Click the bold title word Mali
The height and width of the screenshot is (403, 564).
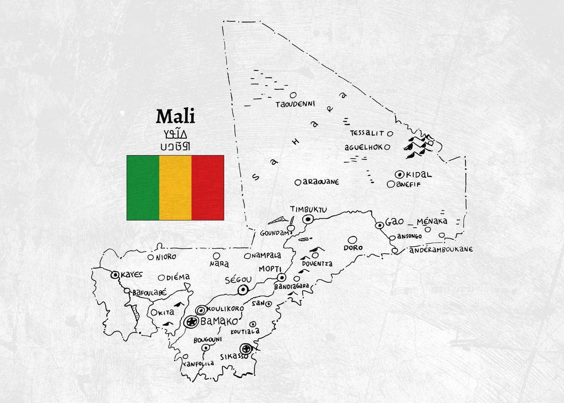coord(175,116)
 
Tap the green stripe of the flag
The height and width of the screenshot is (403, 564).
coord(143,188)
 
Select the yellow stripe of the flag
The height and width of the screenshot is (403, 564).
coord(175,188)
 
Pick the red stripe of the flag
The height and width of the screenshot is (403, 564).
coord(208,188)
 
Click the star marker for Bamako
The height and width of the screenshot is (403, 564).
coord(191,322)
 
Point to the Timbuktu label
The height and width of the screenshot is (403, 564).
coord(308,209)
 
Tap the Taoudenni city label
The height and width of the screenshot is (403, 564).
coord(295,104)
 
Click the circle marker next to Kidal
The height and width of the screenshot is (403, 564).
coord(400,174)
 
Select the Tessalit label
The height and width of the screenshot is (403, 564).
coord(367,134)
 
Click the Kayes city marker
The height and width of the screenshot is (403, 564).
coord(115,275)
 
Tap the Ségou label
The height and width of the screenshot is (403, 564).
coord(238,279)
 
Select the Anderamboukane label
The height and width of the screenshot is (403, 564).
coord(441,250)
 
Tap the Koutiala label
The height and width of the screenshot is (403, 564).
coord(245,332)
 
